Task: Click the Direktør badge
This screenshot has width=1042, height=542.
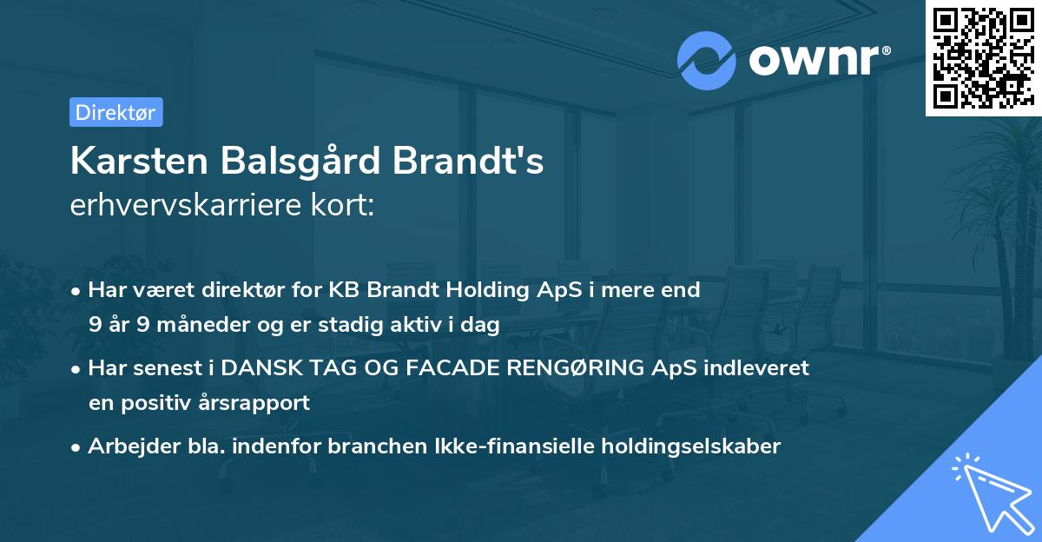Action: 115,112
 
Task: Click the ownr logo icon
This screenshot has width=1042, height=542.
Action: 707,60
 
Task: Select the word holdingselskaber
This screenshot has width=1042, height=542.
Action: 683,446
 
